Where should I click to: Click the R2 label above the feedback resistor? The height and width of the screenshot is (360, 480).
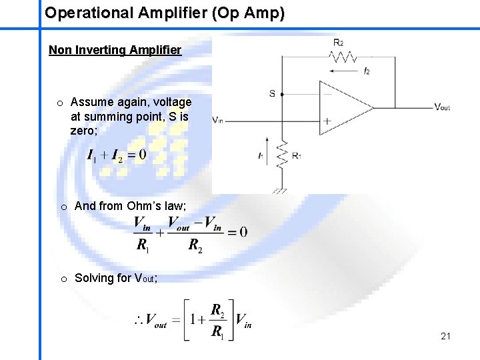click(x=338, y=43)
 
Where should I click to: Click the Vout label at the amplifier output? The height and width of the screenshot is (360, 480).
click(x=442, y=107)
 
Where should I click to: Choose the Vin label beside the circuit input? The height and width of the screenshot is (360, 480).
click(x=218, y=120)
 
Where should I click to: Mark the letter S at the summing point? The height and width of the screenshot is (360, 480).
click(x=272, y=93)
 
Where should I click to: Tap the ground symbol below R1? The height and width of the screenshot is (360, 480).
click(x=280, y=190)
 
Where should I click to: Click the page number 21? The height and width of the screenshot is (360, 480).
click(x=445, y=336)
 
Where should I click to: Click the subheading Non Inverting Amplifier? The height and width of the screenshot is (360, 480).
click(x=115, y=50)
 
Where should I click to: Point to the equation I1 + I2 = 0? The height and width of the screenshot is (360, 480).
click(x=116, y=155)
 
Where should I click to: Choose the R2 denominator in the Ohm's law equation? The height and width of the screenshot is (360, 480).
click(x=195, y=246)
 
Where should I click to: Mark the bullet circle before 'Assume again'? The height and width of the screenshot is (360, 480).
click(x=60, y=103)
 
